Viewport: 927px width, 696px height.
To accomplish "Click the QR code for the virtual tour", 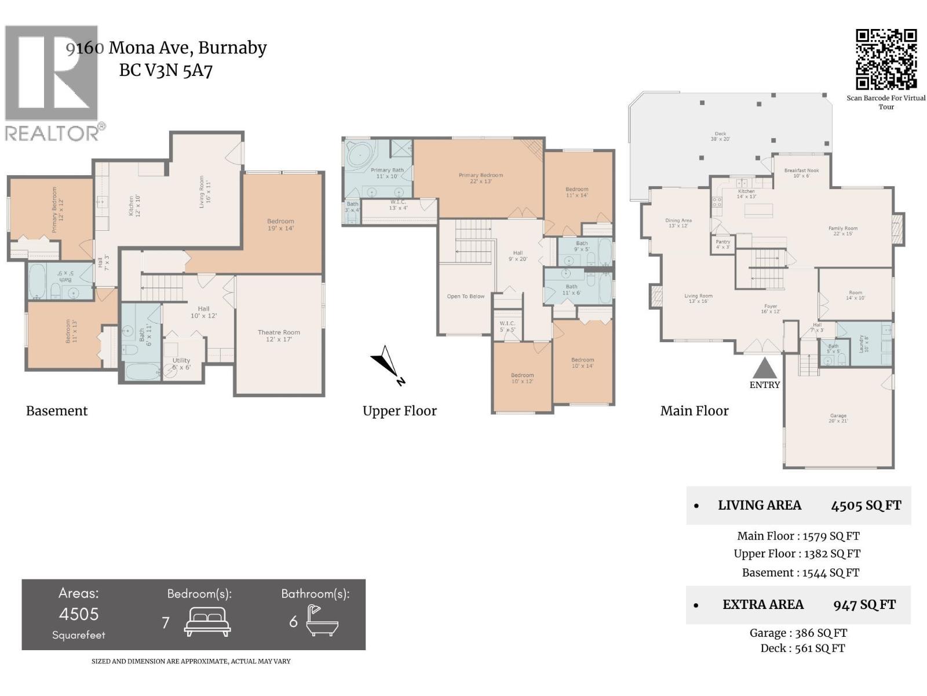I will pyautogui.click(x=886, y=59).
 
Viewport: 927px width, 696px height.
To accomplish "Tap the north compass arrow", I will pyautogui.click(x=386, y=364).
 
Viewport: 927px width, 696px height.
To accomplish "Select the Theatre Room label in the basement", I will pyautogui.click(x=279, y=336).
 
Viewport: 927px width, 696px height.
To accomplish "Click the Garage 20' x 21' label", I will pyautogui.click(x=838, y=418).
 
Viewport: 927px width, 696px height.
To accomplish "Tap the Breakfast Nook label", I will pyautogui.click(x=801, y=173).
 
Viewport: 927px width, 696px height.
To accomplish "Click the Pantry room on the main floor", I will pyautogui.click(x=722, y=244).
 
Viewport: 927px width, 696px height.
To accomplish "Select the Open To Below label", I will pyautogui.click(x=465, y=296).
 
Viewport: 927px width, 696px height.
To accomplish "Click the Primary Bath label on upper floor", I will pyautogui.click(x=387, y=173).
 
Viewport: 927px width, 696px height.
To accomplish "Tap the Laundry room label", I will pyautogui.click(x=863, y=343).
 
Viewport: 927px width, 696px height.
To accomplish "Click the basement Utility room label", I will pyautogui.click(x=181, y=364).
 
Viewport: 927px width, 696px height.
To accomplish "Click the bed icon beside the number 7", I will pyautogui.click(x=207, y=622).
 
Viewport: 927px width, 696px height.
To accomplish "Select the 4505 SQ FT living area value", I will pyautogui.click(x=866, y=506).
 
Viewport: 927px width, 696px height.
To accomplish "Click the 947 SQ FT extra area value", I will pyautogui.click(x=864, y=605).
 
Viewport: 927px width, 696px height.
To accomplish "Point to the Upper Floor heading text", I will pyautogui.click(x=399, y=411).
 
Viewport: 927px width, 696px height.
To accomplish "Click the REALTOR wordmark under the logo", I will pyautogui.click(x=52, y=133).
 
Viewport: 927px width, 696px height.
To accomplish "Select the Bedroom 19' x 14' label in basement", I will pyautogui.click(x=280, y=224).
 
